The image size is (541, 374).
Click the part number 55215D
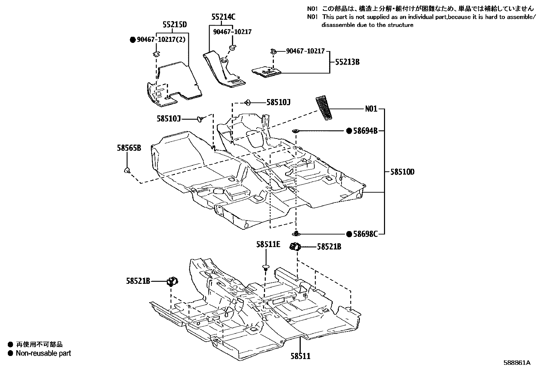[x=174, y=25]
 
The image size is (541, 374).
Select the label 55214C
[x=223, y=17]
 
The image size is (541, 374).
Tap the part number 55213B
[x=347, y=62]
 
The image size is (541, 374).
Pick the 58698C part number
[x=365, y=234]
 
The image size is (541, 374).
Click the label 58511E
[x=268, y=244]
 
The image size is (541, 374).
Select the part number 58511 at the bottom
[x=300, y=356]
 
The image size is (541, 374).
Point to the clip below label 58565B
[x=127, y=170]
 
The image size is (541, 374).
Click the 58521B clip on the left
[x=173, y=281]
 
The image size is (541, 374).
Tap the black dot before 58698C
[x=349, y=234]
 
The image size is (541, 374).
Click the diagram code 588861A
[x=517, y=363]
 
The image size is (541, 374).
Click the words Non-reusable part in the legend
[x=43, y=353]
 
